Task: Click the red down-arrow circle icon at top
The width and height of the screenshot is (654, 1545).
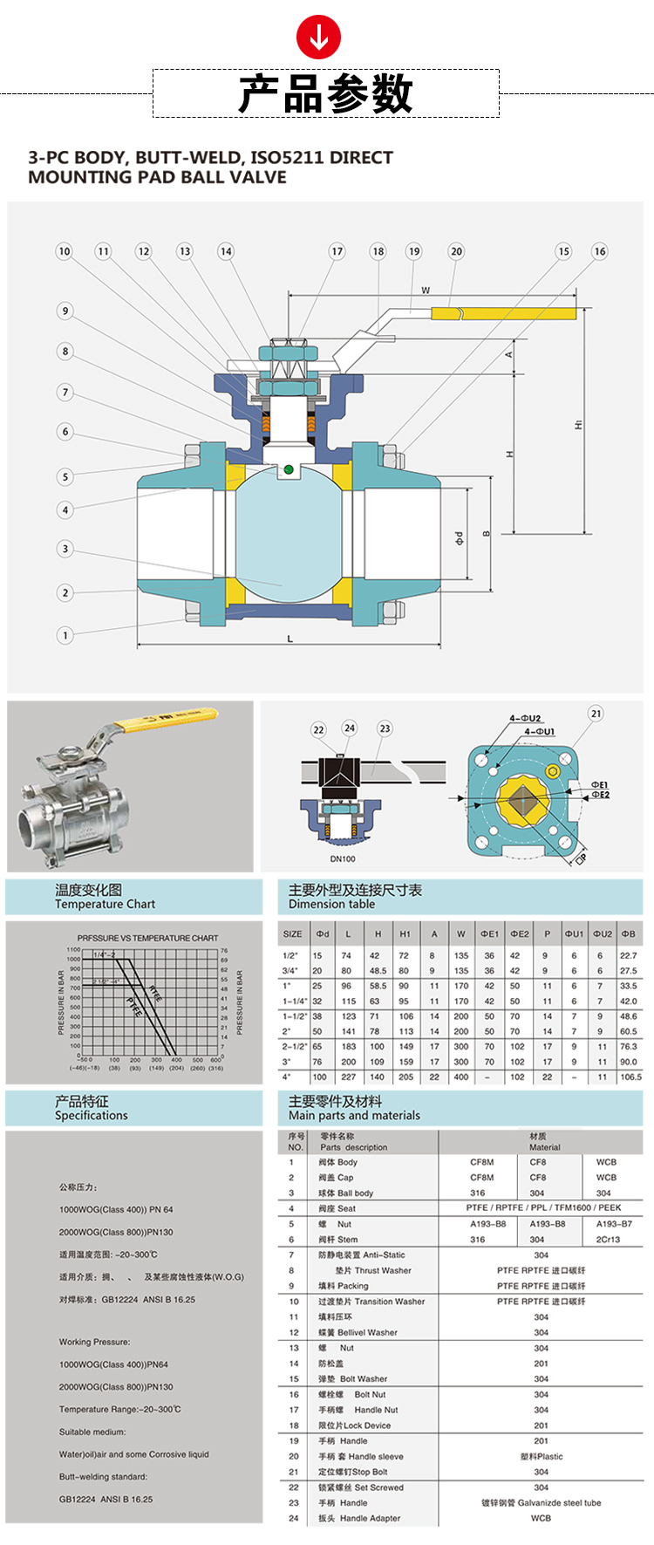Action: coord(319,37)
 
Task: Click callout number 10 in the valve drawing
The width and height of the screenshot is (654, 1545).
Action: coord(65,251)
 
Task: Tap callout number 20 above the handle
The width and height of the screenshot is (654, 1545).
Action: coord(456,251)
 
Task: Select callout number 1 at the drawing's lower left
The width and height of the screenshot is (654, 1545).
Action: coord(65,635)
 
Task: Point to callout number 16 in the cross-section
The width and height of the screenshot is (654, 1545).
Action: coord(599,251)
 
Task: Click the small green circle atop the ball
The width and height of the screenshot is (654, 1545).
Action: coord(288,470)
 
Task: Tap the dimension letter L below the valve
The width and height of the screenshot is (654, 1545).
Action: coord(290,639)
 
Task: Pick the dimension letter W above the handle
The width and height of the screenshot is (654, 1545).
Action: coord(426,291)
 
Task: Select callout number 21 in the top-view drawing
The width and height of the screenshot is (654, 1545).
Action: coord(596,713)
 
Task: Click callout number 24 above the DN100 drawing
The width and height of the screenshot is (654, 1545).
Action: coord(349,728)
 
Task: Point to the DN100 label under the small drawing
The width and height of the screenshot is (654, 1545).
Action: coord(343,858)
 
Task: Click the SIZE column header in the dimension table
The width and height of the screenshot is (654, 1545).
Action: coord(293,933)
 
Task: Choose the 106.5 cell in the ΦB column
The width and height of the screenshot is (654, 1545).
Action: coord(630,1077)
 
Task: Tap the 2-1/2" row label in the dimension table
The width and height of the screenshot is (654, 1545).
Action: coord(295,1046)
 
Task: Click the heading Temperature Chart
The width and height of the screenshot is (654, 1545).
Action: coord(105,905)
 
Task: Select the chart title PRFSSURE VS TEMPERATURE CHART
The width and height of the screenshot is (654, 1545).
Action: coord(147,938)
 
